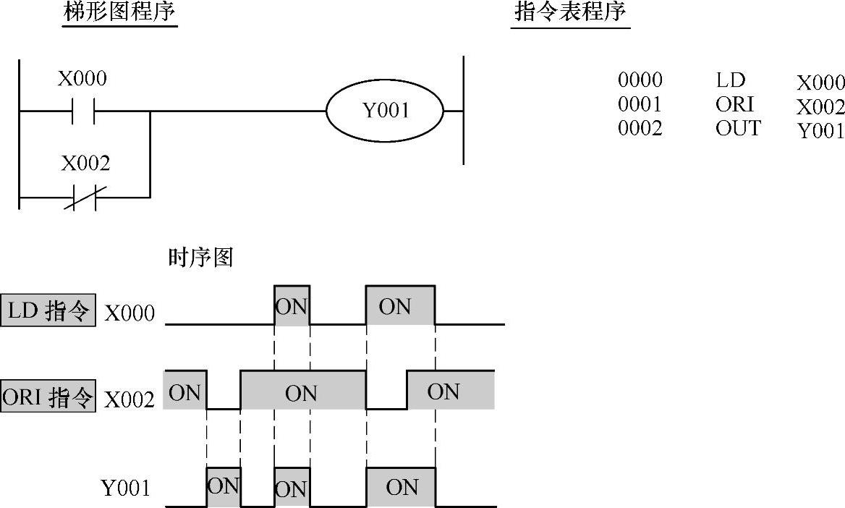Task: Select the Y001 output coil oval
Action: pyautogui.click(x=384, y=111)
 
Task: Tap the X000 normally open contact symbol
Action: pyautogui.click(x=83, y=111)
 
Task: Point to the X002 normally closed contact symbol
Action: pyautogui.click(x=84, y=196)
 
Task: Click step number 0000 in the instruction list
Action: pyautogui.click(x=640, y=80)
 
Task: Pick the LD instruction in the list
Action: pyautogui.click(x=730, y=80)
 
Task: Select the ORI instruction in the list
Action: pyautogui.click(x=734, y=105)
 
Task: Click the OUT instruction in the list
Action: pyautogui.click(x=738, y=129)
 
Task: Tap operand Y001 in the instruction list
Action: pyautogui.click(x=820, y=131)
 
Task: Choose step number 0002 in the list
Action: pyautogui.click(x=640, y=129)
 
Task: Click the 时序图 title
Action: pyautogui.click(x=200, y=258)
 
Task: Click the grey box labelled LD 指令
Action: pyautogui.click(x=48, y=311)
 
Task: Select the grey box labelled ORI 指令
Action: pyautogui.click(x=48, y=397)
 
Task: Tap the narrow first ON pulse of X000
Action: pyautogui.click(x=292, y=306)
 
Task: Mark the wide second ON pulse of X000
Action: pyautogui.click(x=400, y=306)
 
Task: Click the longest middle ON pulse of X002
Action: pyautogui.click(x=302, y=391)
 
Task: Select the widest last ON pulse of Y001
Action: pyautogui.click(x=401, y=487)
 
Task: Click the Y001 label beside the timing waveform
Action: pyautogui.click(x=126, y=488)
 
